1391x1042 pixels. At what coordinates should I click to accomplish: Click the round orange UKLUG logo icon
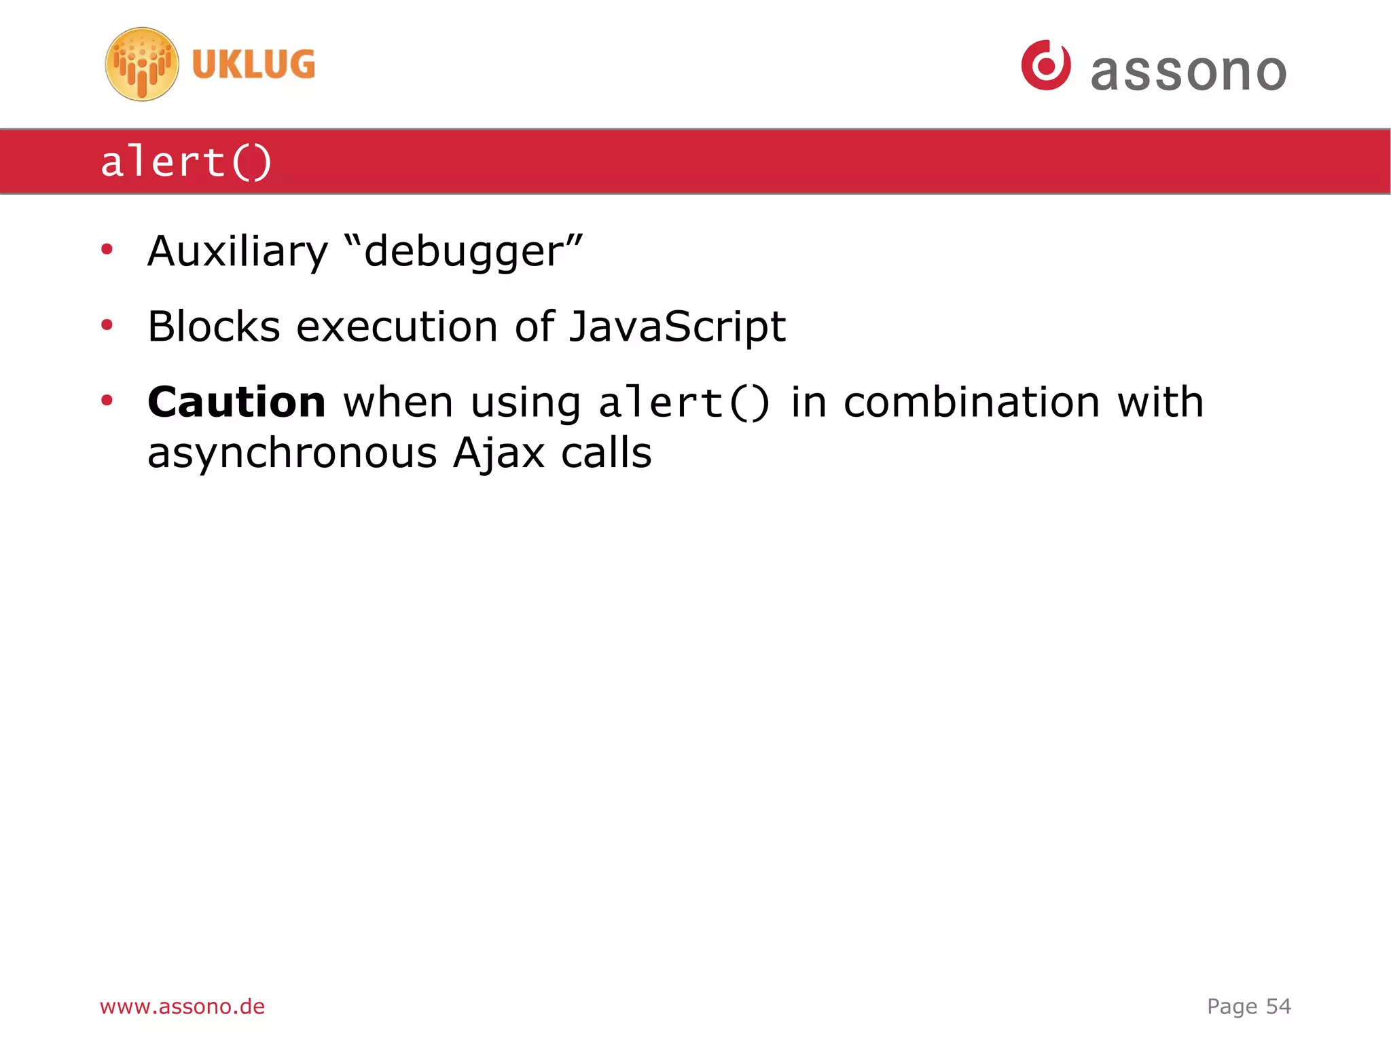(x=142, y=64)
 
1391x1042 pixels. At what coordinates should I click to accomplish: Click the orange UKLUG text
(x=253, y=64)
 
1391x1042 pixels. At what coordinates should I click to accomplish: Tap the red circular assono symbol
(x=1046, y=65)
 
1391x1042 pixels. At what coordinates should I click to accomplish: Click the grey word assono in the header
(x=1189, y=72)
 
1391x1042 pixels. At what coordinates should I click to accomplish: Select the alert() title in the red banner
(x=186, y=162)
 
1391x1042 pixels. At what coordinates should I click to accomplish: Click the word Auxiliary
(x=238, y=252)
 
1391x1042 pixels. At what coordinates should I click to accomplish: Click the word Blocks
(x=214, y=327)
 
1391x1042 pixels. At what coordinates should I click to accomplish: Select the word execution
(x=397, y=327)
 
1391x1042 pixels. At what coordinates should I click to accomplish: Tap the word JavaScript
(x=677, y=327)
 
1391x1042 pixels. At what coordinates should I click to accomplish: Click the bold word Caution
(x=236, y=402)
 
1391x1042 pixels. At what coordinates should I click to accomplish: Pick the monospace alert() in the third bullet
(x=684, y=403)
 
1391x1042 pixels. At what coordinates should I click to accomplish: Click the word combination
(x=971, y=402)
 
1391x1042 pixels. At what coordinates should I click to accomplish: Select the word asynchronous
(x=292, y=453)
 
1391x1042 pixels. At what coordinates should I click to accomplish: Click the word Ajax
(x=499, y=453)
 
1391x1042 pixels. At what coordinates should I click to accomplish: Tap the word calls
(x=607, y=453)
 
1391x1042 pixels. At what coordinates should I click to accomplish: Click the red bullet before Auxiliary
(x=107, y=250)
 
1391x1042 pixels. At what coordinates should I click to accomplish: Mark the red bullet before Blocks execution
(x=107, y=325)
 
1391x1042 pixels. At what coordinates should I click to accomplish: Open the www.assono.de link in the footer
(x=182, y=1006)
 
